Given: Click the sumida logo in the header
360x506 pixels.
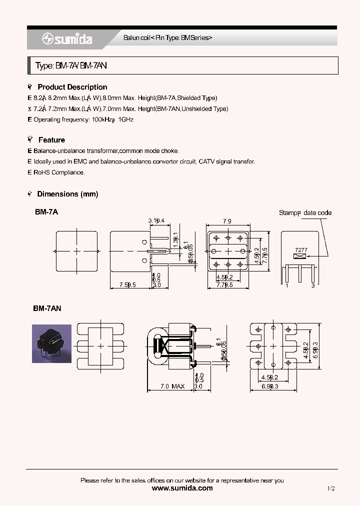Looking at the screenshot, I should click(66, 39).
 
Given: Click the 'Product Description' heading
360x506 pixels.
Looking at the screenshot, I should click(72, 87).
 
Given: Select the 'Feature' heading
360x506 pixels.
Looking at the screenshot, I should click(51, 140).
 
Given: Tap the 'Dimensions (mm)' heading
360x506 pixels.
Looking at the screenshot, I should click(67, 194).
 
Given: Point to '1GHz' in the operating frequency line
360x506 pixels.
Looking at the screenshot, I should click(126, 120).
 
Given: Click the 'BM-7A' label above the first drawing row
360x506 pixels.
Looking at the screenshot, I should click(46, 212).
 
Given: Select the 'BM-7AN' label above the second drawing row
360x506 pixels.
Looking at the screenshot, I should click(47, 309).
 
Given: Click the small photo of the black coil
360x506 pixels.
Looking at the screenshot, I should click(51, 343).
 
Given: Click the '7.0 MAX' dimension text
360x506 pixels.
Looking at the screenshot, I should click(172, 386).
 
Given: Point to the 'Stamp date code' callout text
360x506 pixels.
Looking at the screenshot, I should click(305, 213).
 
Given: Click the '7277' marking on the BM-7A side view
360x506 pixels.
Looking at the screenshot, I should click(301, 249).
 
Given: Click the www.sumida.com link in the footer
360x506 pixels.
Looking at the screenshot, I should click(182, 488).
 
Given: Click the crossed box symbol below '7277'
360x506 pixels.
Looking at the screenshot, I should click(300, 256).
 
